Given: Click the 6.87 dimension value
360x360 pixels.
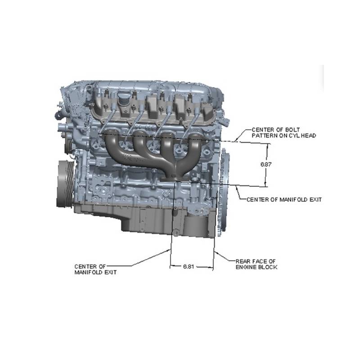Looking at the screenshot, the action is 266,164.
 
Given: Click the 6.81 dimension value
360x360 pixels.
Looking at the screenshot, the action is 189,266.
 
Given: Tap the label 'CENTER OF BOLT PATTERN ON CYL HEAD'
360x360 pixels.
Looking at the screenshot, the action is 284,133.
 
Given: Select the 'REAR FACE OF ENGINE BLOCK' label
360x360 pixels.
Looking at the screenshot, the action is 256,264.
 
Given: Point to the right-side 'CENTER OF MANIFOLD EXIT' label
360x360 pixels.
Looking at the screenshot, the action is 284,200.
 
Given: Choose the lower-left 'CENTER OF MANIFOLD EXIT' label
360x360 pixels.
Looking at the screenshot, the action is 95,270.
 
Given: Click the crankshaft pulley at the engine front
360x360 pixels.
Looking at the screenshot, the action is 65,184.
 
